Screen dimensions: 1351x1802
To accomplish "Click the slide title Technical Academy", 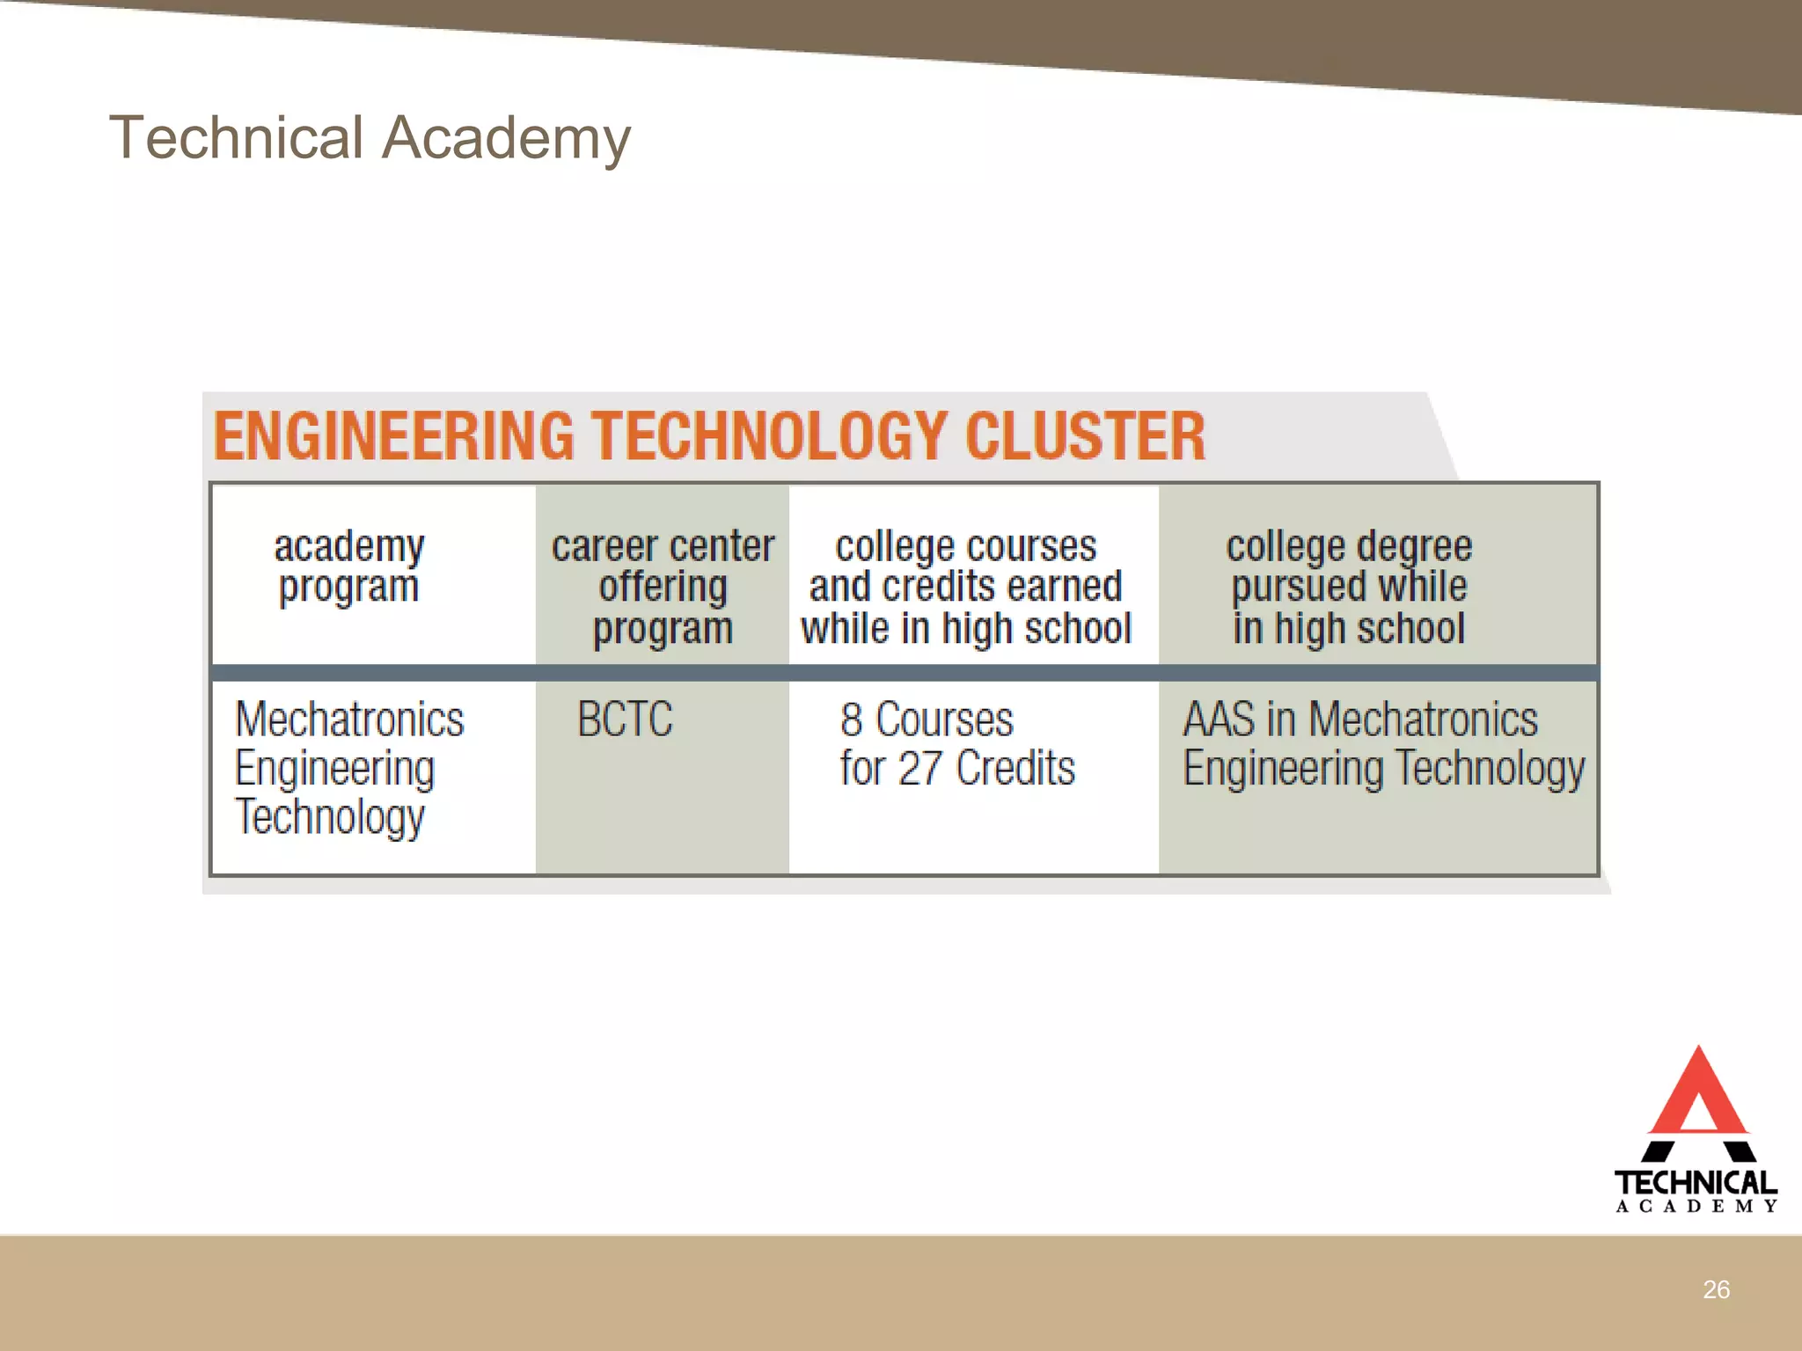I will pos(370,138).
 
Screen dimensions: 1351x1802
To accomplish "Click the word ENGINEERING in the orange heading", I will pos(393,436).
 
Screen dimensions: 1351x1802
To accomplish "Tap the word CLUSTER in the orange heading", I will pos(1085,436).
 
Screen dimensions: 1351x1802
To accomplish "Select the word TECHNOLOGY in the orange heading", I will pos(769,436).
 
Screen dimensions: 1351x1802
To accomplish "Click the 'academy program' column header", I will pos(348,566).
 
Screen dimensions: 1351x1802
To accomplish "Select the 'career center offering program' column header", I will pos(663,586).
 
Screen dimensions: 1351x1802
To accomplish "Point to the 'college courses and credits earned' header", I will pos(965,586).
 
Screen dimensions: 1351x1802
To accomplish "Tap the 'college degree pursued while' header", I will pos(1348,586).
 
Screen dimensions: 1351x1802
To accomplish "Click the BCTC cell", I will pos(625,719).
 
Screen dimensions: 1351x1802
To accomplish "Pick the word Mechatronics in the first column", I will pos(349,719).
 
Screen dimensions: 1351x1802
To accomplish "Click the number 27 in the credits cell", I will pos(920,768).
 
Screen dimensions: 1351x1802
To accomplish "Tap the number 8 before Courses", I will pos(851,719).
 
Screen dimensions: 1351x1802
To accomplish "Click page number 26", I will pos(1716,1289).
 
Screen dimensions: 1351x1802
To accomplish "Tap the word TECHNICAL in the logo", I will pos(1696,1182).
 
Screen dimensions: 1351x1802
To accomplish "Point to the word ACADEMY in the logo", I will pos(1696,1207).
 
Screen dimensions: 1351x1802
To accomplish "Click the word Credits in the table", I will pos(1015,768).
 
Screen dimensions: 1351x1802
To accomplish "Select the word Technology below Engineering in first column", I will pos(330,816).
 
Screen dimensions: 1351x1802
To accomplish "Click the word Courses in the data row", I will pos(944,719).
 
